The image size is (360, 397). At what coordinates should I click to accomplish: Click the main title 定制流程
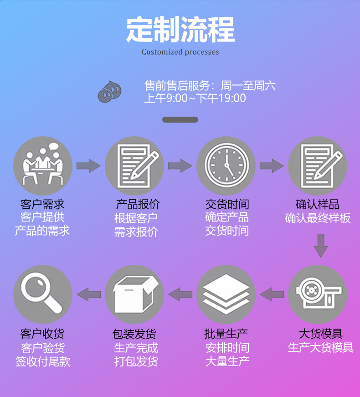click(x=180, y=30)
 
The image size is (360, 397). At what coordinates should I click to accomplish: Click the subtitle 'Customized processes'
click(x=180, y=52)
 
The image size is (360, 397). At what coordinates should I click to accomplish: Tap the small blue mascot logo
click(x=110, y=91)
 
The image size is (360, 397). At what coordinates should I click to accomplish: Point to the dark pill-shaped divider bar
click(x=180, y=119)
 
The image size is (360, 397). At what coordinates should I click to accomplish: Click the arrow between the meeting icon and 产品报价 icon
click(x=88, y=165)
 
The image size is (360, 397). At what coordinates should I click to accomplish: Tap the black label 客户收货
click(x=43, y=334)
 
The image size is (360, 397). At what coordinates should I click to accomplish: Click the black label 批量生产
click(x=226, y=334)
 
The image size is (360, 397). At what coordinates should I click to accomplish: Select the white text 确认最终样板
click(x=318, y=218)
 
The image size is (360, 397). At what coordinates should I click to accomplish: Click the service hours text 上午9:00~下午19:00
click(x=195, y=98)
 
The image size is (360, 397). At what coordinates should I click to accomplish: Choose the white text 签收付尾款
click(x=43, y=362)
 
